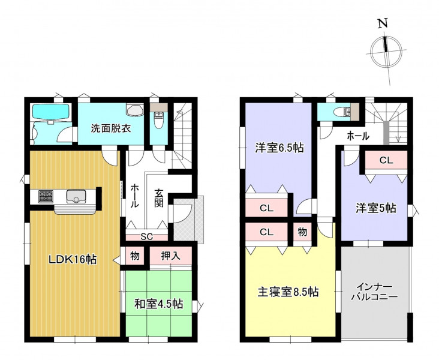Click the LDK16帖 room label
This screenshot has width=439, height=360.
pos(73,259)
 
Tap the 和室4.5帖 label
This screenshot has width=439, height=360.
pos(159,304)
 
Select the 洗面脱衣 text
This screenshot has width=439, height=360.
pos(111,128)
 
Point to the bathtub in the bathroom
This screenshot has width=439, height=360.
pos(50,112)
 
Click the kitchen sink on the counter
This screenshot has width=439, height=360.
pos(76,196)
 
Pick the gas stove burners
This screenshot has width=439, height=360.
pos(46,196)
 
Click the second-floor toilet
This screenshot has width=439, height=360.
pos(342,112)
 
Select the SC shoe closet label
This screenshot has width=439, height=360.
pos(147,237)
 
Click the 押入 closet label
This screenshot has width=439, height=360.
pos(170,256)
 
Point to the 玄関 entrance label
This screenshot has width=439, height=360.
pos(159,198)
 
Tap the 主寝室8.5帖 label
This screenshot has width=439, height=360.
pos(288,292)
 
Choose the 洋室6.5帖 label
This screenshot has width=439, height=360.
pos(279,148)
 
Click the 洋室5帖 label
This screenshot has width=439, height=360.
pos(375,208)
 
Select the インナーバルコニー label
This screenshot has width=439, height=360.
pos(374,292)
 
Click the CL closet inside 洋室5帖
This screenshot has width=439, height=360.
pos(386,160)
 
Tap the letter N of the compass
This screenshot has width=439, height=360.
pos(383,23)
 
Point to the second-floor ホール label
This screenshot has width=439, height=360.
pos(358,136)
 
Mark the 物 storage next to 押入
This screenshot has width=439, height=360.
pos(135,256)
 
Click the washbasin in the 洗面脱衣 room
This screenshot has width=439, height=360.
pos(135,110)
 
